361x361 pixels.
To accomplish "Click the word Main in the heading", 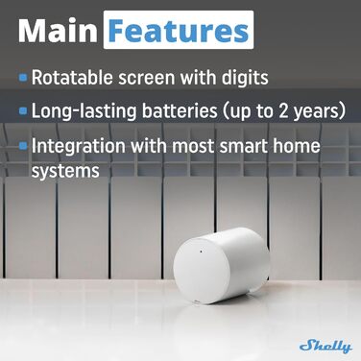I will [57, 31].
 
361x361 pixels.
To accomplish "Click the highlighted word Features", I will [179, 31].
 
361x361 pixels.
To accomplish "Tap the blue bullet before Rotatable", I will [23, 76].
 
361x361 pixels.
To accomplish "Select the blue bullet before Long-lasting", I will [23, 111].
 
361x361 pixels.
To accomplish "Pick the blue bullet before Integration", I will [23, 148].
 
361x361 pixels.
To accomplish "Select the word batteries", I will [189, 111].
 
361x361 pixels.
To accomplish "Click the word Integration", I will [81, 148].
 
